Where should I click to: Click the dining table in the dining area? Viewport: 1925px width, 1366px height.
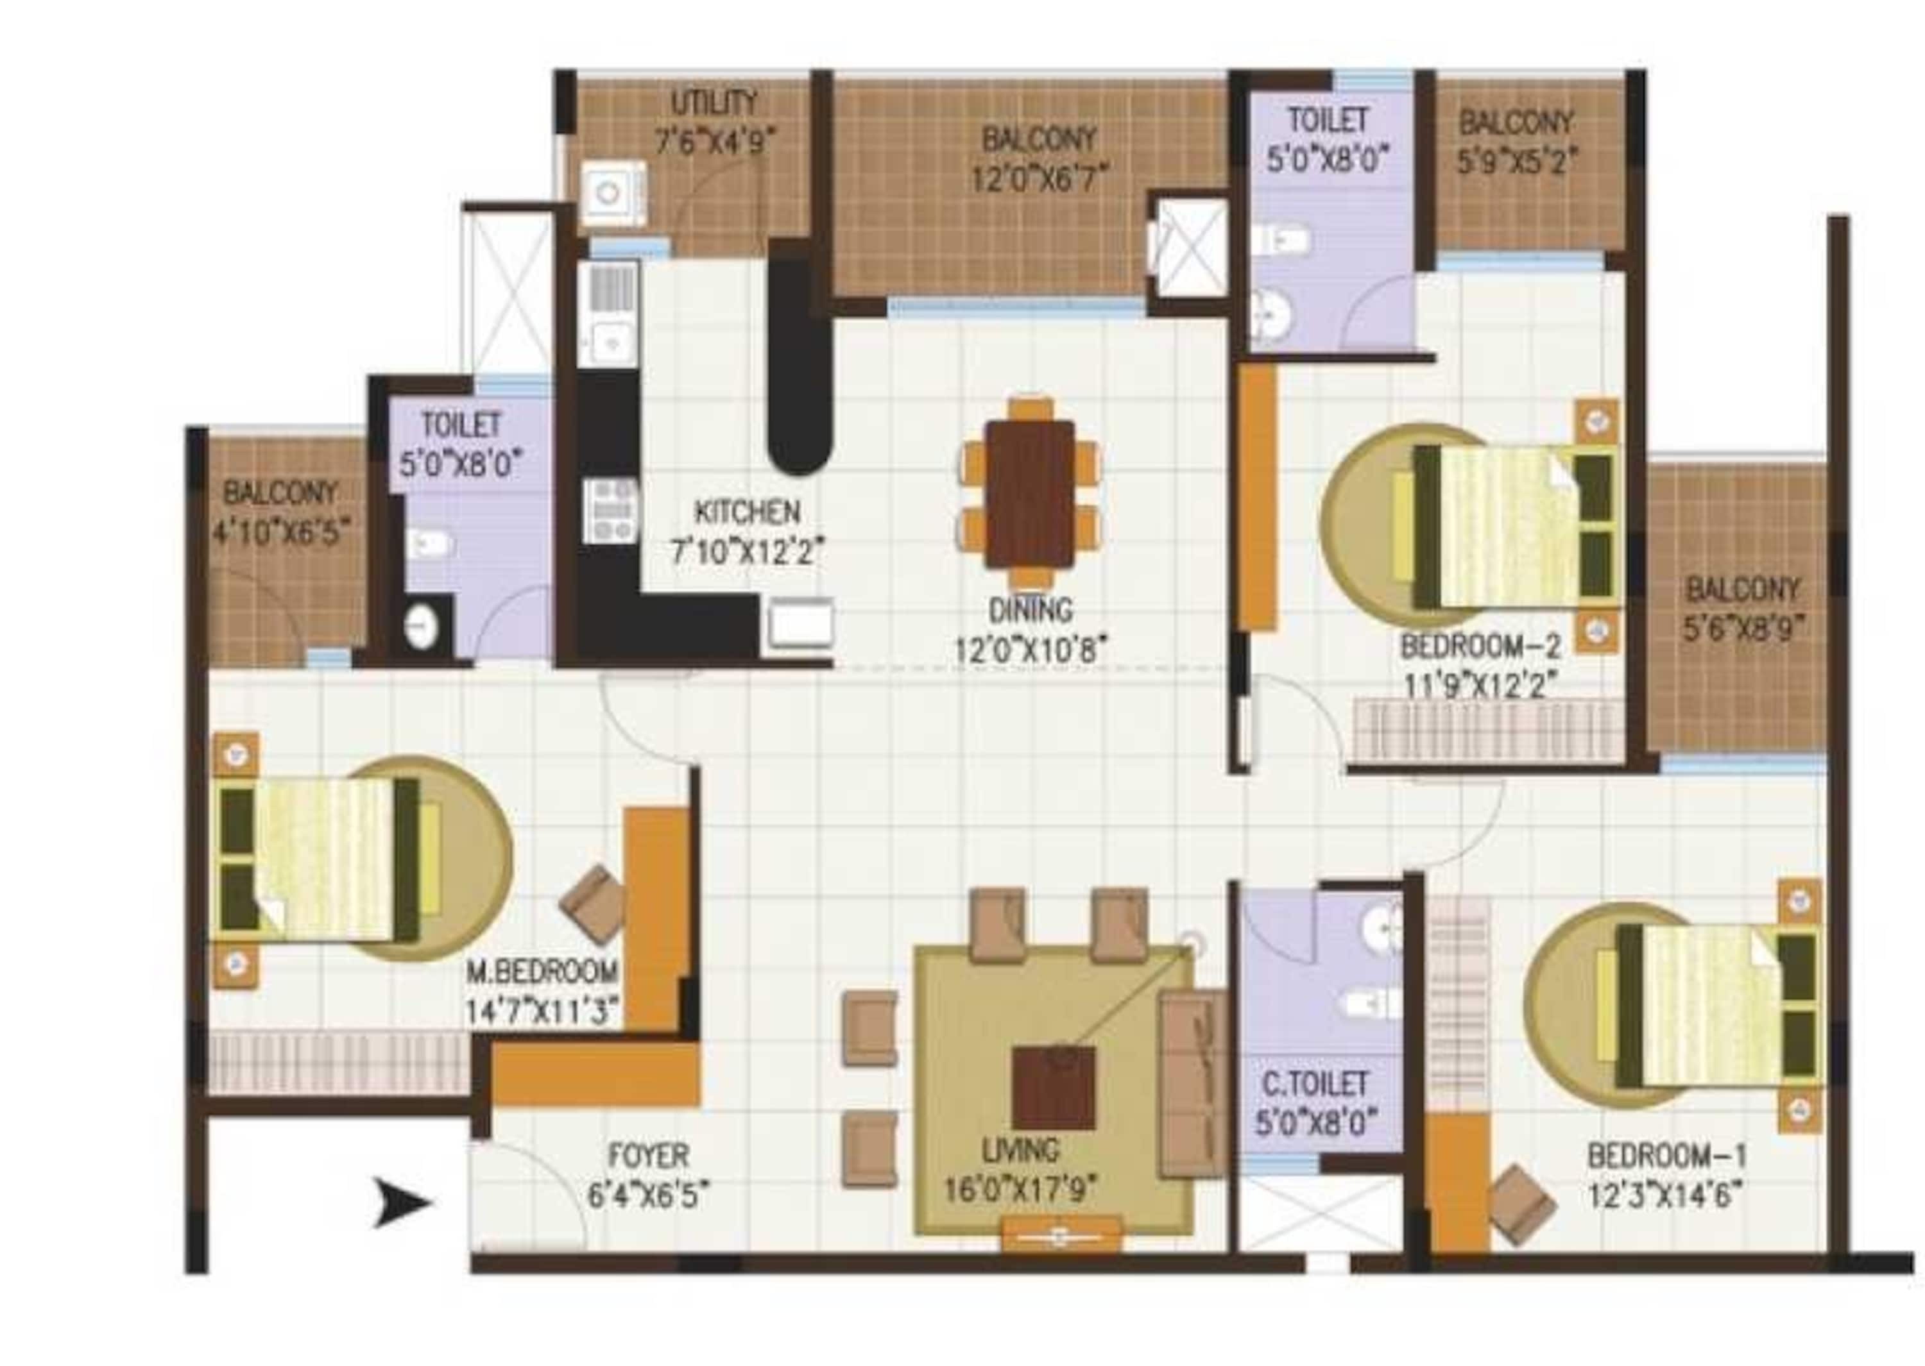(x=1030, y=494)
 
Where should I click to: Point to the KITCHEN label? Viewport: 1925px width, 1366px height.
(x=746, y=511)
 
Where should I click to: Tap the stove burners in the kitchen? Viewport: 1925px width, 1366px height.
(x=612, y=510)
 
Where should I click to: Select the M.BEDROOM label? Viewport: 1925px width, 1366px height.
(x=542, y=972)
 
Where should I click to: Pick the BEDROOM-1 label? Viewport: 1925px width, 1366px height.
(x=1666, y=1156)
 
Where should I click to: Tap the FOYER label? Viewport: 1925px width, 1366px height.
(x=648, y=1156)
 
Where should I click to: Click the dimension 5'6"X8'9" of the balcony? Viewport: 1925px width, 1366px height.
(x=1742, y=630)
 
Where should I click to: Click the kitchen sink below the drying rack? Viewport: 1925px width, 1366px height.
(x=611, y=342)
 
